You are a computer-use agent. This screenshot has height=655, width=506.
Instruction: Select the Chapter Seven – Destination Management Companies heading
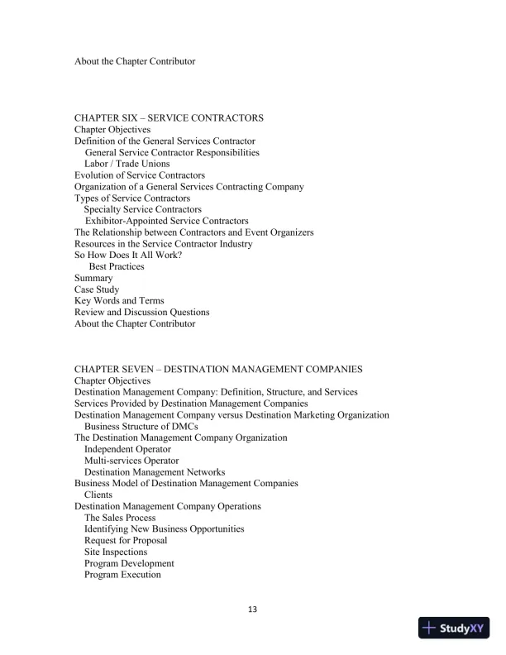(x=218, y=369)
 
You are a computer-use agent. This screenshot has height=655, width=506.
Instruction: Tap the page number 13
(x=253, y=610)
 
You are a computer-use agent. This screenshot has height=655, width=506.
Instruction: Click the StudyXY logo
(x=455, y=628)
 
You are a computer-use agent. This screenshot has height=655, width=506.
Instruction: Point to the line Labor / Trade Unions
(x=127, y=164)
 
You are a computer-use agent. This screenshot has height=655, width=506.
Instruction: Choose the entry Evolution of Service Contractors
(x=140, y=175)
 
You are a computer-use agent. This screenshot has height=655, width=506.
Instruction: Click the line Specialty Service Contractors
(x=142, y=209)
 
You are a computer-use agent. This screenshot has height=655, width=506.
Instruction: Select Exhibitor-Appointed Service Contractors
(x=166, y=221)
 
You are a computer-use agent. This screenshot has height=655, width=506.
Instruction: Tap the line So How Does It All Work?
(x=128, y=255)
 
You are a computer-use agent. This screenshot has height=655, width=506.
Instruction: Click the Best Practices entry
(x=117, y=266)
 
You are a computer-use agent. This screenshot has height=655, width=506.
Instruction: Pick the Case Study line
(x=97, y=289)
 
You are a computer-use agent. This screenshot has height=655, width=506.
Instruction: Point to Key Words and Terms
(x=119, y=301)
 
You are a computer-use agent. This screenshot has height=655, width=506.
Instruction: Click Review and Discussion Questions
(x=142, y=313)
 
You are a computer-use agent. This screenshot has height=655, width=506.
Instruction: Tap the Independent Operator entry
(x=127, y=449)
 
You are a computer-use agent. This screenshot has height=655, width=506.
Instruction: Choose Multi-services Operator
(x=131, y=461)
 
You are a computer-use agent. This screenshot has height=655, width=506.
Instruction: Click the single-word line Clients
(x=98, y=495)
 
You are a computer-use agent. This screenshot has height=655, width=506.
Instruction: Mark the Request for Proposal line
(x=126, y=540)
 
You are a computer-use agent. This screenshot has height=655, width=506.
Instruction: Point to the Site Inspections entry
(x=116, y=552)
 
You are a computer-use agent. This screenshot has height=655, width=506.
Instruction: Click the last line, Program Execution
(x=122, y=575)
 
